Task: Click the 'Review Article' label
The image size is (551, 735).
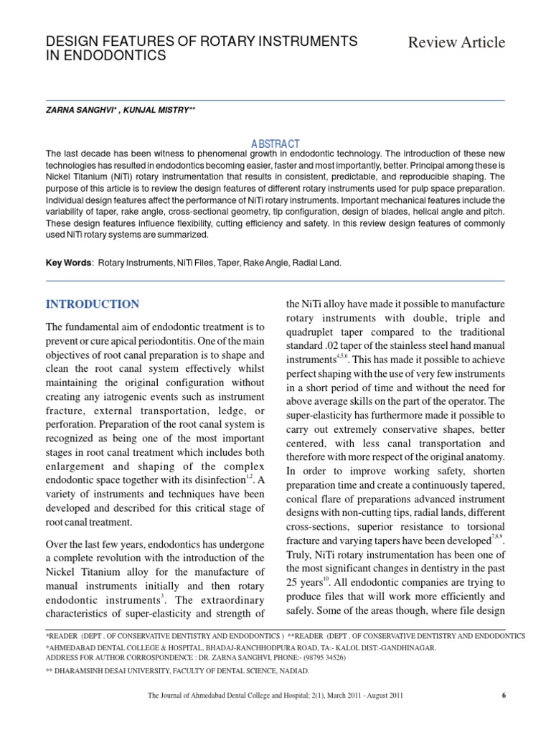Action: point(456,43)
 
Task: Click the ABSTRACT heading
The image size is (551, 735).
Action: point(275,144)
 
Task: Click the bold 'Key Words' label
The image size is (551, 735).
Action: point(68,263)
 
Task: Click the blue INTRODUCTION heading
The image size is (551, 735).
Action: point(93,304)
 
